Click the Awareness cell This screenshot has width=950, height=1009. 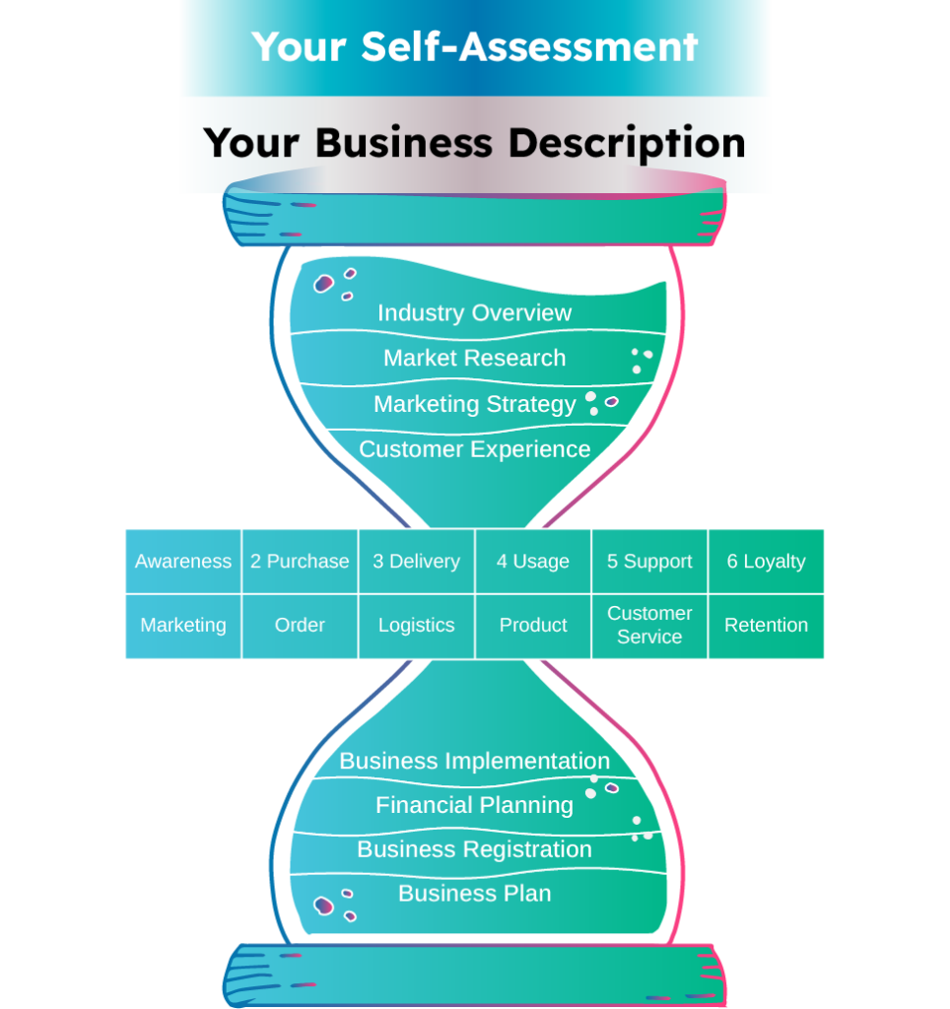point(183,561)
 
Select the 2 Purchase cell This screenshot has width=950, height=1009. point(300,561)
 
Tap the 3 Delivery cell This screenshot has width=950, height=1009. point(417,561)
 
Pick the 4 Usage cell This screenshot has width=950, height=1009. point(533,561)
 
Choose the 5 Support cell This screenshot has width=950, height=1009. point(649,561)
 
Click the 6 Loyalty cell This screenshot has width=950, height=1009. point(766,561)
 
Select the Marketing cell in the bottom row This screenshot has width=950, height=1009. point(183,626)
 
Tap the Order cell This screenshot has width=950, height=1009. point(300,626)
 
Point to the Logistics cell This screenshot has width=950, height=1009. point(417,626)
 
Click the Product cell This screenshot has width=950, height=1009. point(533,626)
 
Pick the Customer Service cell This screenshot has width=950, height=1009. point(649,626)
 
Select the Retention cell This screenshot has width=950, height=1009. point(766,626)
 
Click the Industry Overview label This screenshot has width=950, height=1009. point(474,312)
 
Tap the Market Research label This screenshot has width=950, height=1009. point(474,358)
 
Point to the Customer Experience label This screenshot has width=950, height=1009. point(474,449)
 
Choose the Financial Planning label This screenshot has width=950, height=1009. point(474,805)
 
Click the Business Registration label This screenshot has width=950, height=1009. point(474,849)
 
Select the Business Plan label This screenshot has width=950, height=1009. point(474,893)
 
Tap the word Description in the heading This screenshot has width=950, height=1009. point(628,143)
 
